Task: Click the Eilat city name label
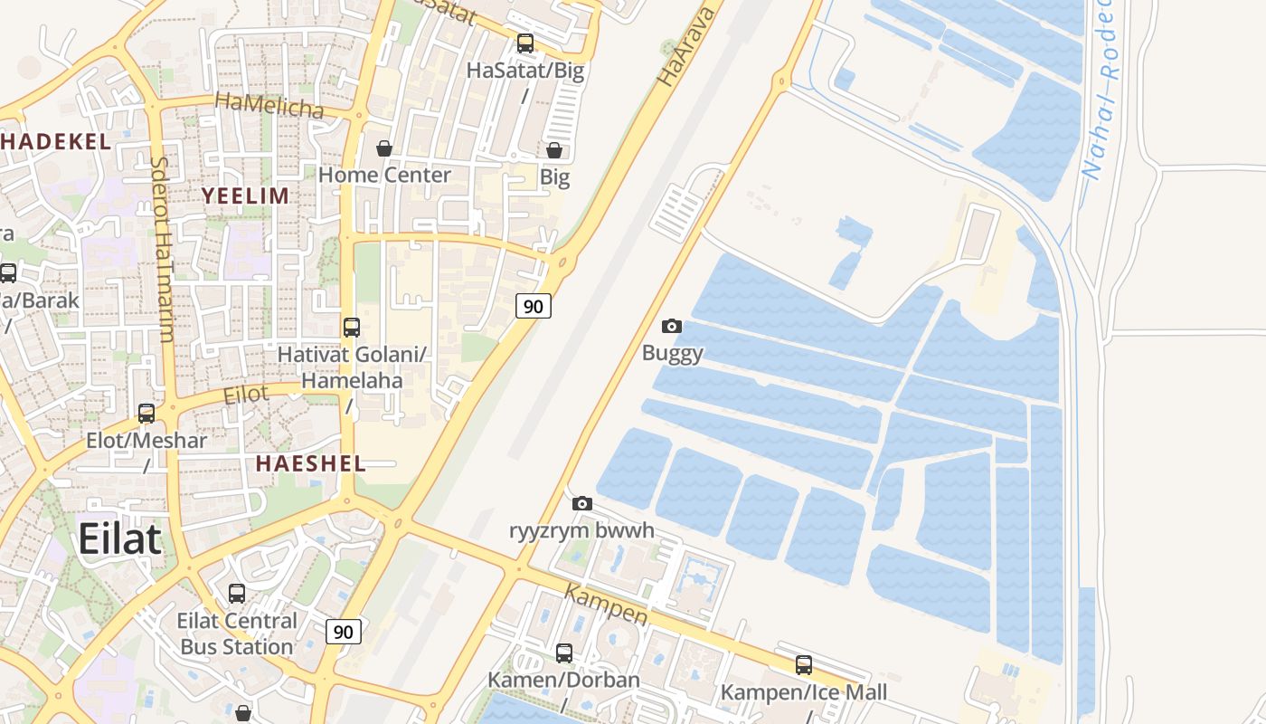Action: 119,538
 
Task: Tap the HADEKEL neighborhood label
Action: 56,141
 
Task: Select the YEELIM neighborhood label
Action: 245,195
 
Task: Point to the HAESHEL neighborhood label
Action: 310,463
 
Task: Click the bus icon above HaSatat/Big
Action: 525,43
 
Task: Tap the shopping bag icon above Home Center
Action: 384,148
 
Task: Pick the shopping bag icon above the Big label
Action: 554,150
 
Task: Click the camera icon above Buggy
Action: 672,326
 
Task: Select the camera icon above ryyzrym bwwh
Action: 582,503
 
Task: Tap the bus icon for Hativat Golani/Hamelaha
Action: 352,327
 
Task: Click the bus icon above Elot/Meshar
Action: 146,414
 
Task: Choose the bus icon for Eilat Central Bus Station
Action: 237,594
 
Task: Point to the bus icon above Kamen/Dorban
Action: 564,653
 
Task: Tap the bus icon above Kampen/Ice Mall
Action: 804,665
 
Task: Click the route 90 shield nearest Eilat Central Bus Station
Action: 344,632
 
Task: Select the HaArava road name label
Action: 685,45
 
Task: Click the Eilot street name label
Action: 246,394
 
